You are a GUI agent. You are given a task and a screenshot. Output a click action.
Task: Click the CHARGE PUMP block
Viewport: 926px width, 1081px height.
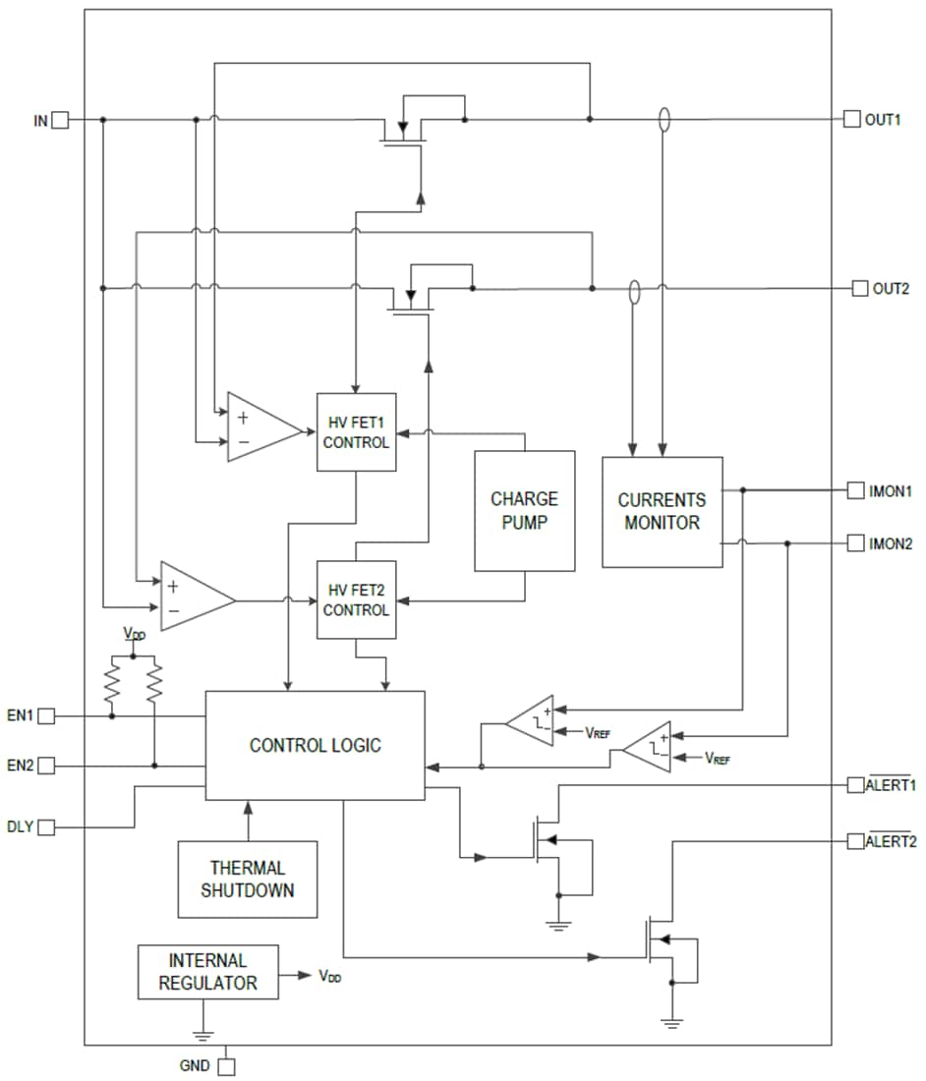(x=524, y=511)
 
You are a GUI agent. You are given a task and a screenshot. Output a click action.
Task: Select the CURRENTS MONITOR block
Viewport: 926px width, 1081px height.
(x=662, y=512)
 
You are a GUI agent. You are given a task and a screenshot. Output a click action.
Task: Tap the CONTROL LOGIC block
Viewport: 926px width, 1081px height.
(x=315, y=746)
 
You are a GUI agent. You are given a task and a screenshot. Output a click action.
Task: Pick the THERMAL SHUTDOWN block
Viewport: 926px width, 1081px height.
(x=248, y=880)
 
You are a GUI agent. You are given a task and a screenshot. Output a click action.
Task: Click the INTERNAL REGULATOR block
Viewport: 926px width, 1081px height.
(x=207, y=972)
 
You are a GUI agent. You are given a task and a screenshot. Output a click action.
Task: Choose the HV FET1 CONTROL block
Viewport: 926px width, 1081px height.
(x=356, y=431)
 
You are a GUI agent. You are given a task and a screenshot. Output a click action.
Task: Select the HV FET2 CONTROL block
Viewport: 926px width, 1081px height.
(x=356, y=599)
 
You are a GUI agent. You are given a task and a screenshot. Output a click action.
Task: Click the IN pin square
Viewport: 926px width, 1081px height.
(x=60, y=120)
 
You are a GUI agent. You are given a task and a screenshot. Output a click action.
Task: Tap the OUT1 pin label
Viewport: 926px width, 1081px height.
(x=883, y=120)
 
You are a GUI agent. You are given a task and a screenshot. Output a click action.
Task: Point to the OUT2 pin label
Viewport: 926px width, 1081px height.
(x=891, y=289)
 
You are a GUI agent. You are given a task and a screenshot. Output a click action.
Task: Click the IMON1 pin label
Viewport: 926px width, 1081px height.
(x=891, y=490)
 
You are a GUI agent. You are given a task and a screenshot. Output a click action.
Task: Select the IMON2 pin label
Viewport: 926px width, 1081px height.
(x=891, y=542)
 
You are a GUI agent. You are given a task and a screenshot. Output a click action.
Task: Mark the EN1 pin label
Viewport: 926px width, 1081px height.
(x=21, y=716)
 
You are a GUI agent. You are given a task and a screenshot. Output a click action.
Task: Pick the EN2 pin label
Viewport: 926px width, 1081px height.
(x=21, y=765)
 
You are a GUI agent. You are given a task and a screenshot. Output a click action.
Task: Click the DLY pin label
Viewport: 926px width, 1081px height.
(x=20, y=827)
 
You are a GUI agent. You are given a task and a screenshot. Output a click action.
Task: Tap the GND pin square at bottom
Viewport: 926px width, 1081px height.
(x=227, y=1065)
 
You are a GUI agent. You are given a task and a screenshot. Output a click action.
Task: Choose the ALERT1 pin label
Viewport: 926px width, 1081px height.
(x=891, y=785)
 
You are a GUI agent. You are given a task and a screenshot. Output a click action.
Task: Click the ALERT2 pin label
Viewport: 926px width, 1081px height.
(x=891, y=841)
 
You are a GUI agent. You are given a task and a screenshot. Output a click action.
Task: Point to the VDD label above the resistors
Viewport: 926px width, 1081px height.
(x=134, y=635)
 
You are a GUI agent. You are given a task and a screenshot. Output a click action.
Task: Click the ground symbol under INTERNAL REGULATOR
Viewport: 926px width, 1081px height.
(x=203, y=1034)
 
